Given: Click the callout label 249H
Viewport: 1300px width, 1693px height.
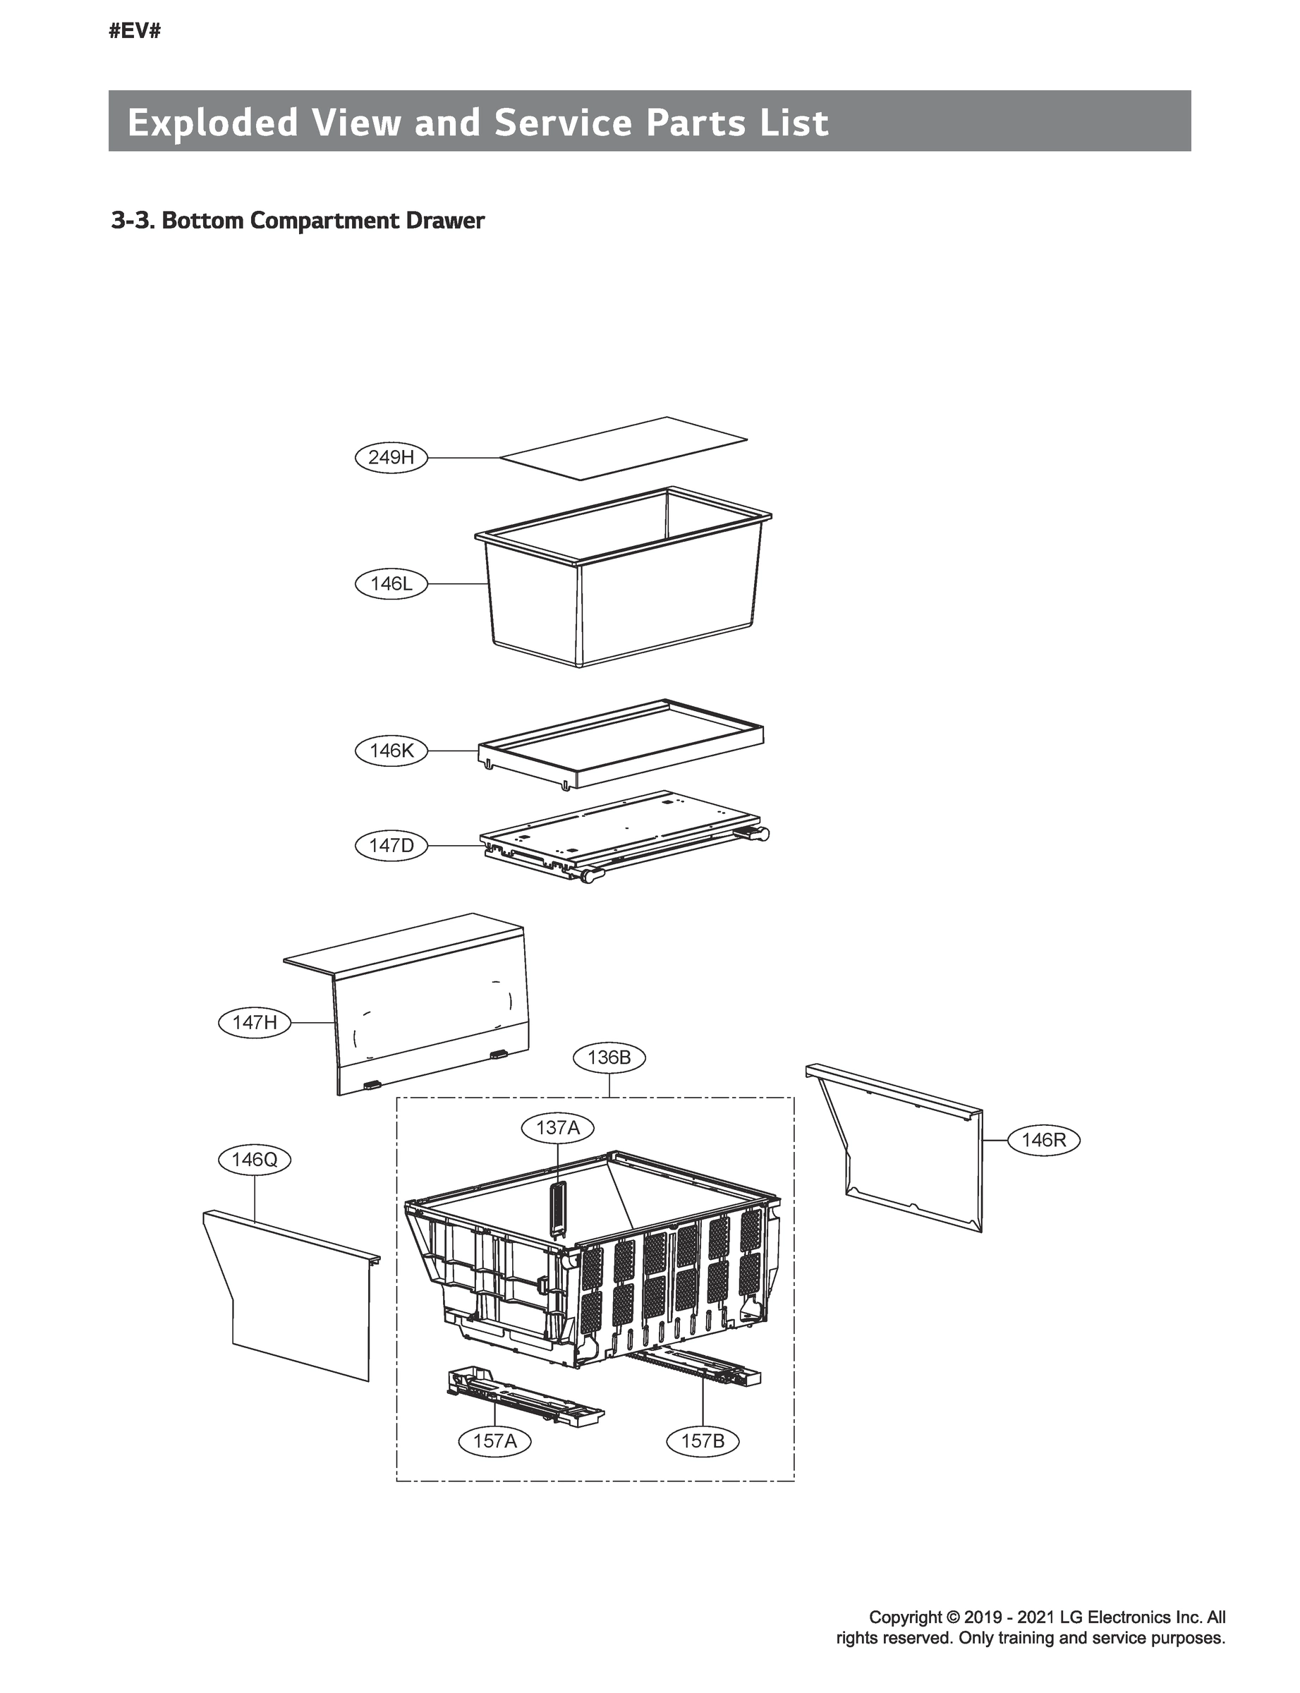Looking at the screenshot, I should click(391, 457).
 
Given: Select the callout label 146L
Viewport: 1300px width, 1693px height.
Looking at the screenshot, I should click(391, 583).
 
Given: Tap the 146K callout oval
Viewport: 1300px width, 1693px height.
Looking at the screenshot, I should click(391, 751).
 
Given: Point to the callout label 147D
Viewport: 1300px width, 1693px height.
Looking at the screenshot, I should click(391, 846).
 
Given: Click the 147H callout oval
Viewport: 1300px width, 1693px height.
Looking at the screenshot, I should click(255, 1022).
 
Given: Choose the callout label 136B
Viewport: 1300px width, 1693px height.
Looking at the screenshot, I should click(609, 1057).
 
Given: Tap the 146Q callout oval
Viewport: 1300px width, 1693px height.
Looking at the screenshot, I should click(255, 1159).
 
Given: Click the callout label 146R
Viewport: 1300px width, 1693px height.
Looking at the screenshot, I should click(1043, 1140).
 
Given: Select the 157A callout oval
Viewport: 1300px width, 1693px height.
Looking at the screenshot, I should click(494, 1440).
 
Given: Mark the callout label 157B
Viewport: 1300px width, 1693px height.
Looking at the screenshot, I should click(703, 1440).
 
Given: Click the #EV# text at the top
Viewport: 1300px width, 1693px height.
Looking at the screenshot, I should click(135, 32).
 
